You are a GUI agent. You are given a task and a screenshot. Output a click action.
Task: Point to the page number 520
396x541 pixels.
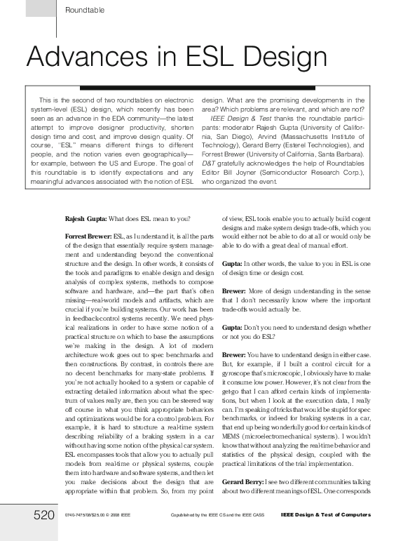45,516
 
